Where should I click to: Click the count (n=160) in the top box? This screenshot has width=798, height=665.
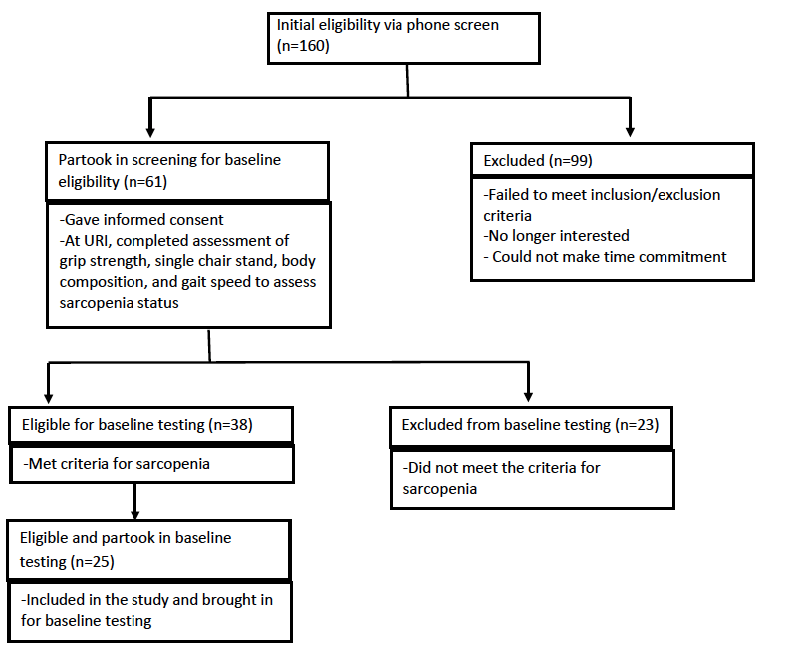tap(303, 46)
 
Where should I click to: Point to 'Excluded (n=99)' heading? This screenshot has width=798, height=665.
tap(538, 160)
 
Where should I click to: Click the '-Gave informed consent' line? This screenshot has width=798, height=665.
tap(141, 220)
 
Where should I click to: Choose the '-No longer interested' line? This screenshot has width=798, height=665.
tap(556, 236)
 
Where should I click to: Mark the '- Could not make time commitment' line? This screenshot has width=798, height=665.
tap(605, 257)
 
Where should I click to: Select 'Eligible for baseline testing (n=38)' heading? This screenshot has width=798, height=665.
tap(136, 424)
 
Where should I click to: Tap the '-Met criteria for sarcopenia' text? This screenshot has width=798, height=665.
tap(117, 464)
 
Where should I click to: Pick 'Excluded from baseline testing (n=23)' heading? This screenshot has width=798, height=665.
tap(530, 424)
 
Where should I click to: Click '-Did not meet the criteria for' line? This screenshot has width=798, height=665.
tap(501, 468)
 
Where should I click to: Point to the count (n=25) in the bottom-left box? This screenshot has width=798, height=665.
tap(92, 561)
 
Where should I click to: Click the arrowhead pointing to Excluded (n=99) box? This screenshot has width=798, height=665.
tap(630, 132)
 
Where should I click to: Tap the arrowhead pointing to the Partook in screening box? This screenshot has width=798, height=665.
tap(150, 132)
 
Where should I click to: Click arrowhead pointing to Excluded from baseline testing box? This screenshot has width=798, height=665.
tap(528, 396)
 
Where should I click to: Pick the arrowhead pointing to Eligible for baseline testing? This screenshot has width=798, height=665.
tap(49, 397)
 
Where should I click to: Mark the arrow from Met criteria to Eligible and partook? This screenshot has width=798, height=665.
tap(134, 501)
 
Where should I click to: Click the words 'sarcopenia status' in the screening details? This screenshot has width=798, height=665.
tap(120, 303)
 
